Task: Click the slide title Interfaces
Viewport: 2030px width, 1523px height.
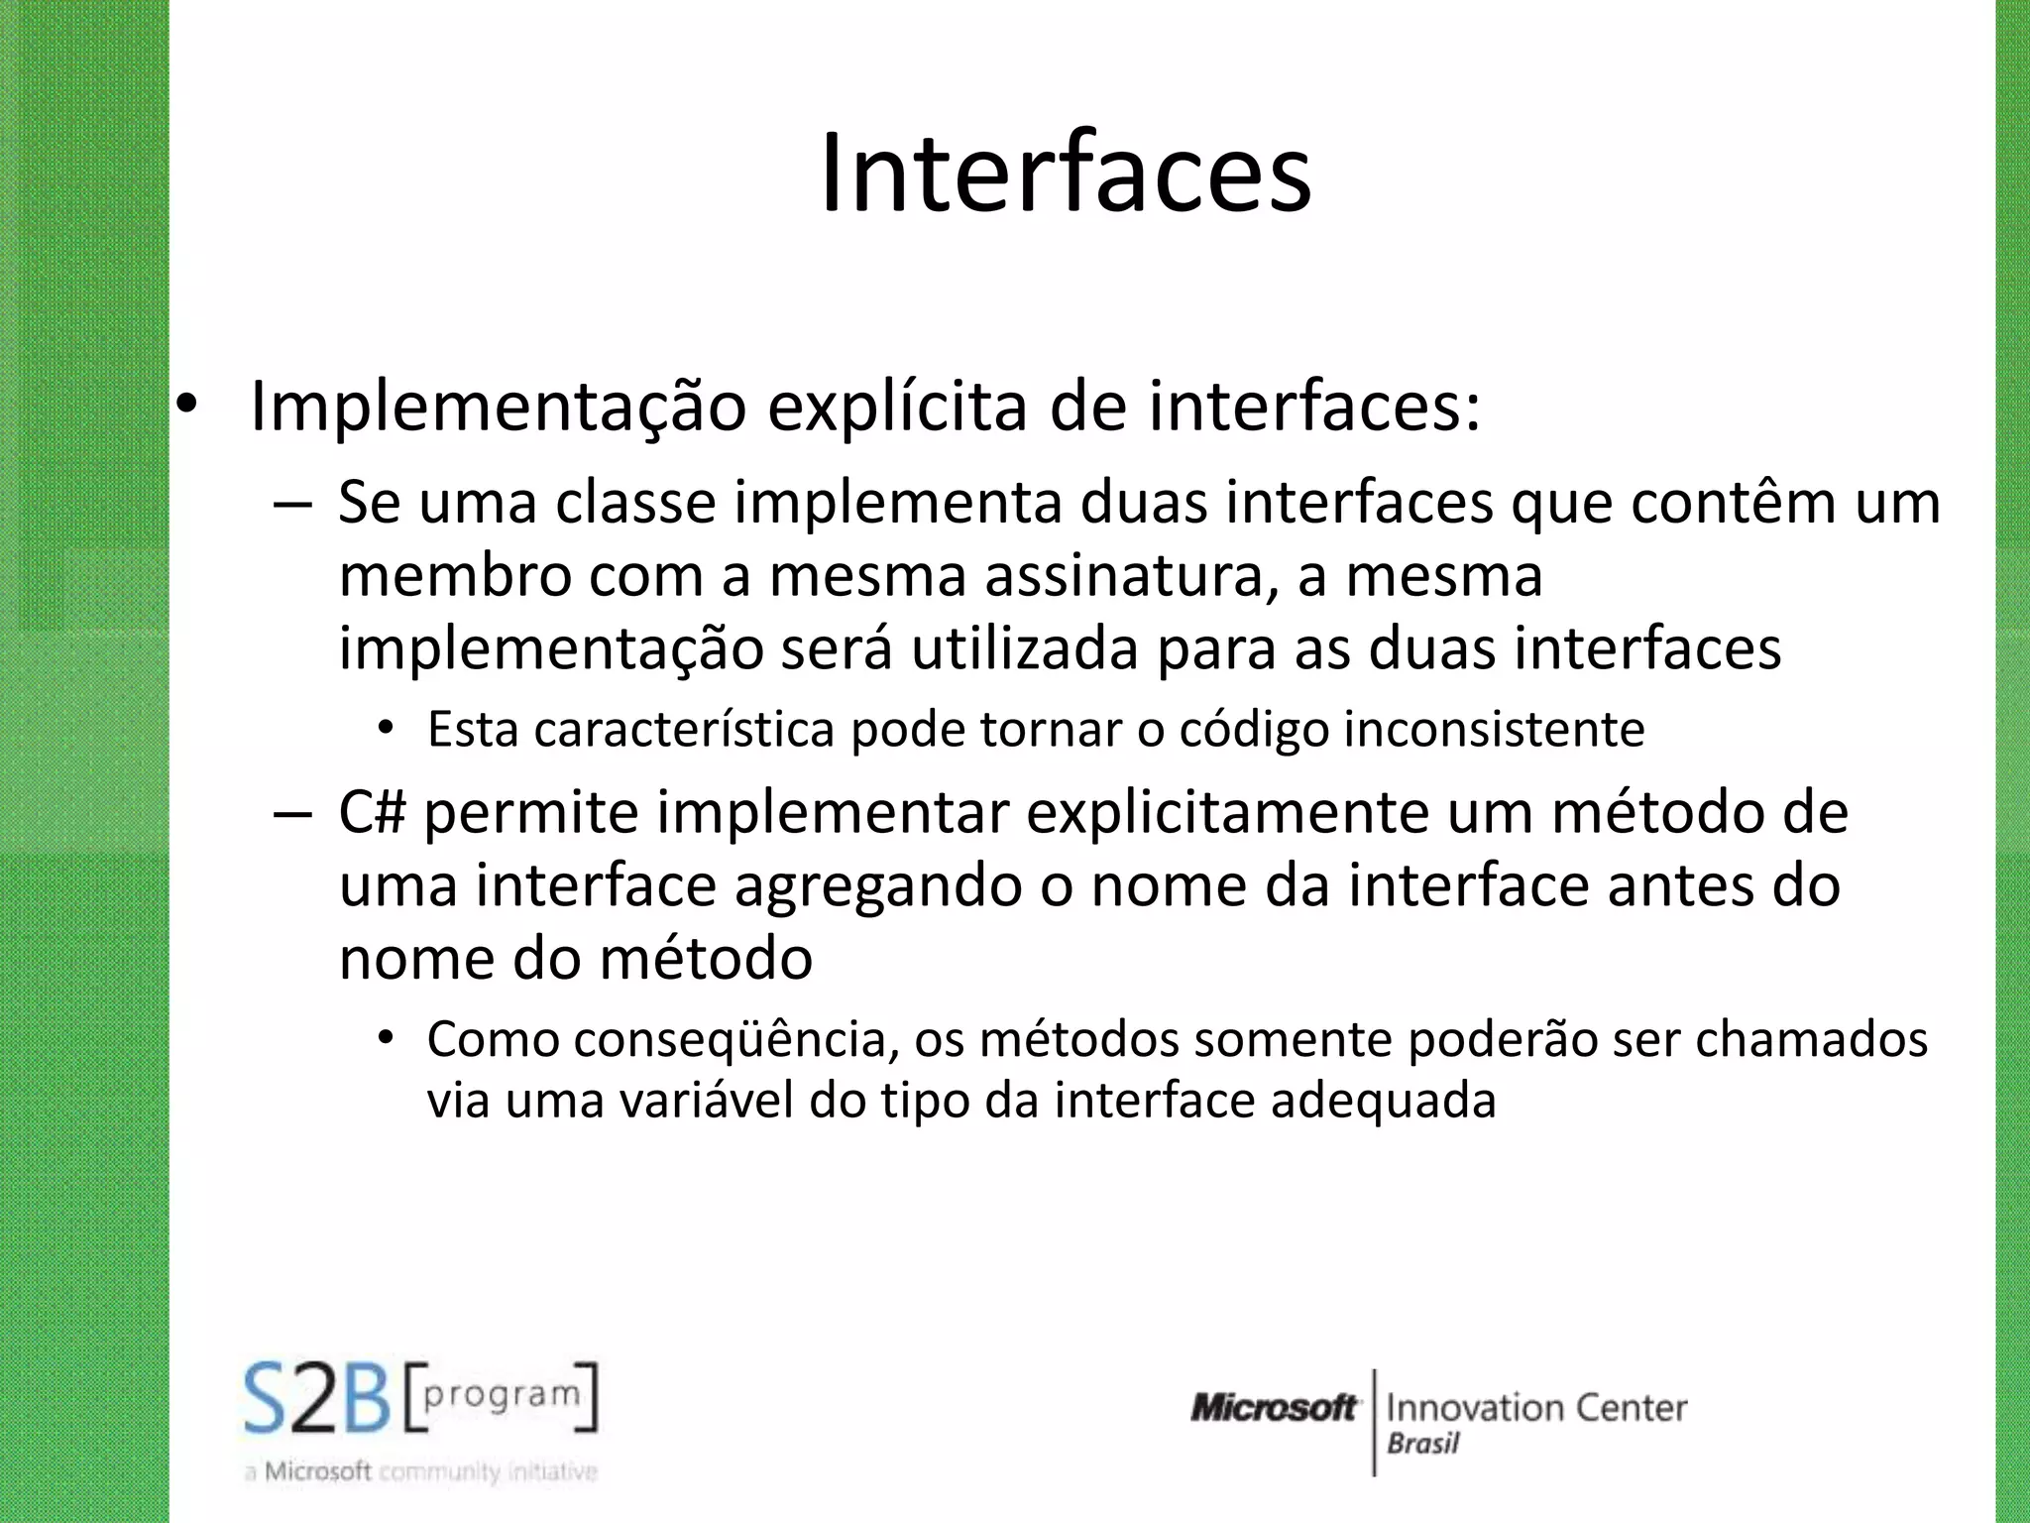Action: [1066, 175]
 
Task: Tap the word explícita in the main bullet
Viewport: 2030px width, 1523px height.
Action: [897, 407]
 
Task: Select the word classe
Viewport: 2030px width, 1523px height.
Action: [635, 503]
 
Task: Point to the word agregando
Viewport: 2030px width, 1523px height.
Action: [878, 885]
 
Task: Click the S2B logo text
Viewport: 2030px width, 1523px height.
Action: [317, 1399]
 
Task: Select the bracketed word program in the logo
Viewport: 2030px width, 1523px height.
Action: [502, 1395]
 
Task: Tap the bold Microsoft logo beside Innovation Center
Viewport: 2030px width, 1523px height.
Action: [1274, 1408]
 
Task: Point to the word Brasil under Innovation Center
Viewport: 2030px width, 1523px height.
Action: [1423, 1444]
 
